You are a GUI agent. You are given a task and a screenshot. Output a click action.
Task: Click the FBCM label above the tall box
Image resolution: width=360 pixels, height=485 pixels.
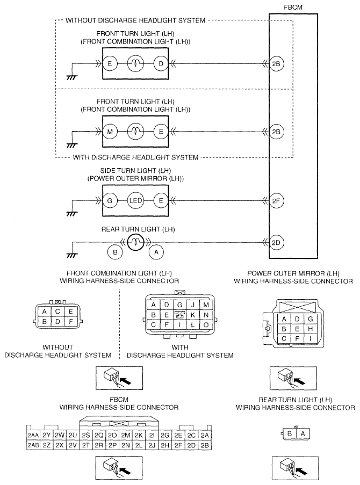click(293, 7)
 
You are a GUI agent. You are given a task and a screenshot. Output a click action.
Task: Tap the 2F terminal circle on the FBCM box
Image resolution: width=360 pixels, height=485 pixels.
click(276, 201)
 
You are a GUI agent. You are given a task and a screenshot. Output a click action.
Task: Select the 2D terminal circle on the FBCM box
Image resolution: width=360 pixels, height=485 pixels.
click(276, 243)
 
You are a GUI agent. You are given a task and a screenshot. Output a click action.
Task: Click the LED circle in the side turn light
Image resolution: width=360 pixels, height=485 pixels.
click(135, 200)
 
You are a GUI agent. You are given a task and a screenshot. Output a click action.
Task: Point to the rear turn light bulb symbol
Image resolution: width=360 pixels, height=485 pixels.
click(135, 242)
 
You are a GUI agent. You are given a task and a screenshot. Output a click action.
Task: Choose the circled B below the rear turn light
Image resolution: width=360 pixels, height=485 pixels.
click(115, 252)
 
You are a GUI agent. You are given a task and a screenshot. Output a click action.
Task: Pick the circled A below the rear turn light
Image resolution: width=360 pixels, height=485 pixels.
click(156, 252)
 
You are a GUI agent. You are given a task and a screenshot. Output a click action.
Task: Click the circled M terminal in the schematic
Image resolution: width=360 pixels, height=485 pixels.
click(110, 132)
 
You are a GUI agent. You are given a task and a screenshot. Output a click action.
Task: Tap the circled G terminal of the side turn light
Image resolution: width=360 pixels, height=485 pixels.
click(110, 200)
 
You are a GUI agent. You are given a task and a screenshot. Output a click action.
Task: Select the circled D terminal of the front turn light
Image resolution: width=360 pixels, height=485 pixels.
click(161, 64)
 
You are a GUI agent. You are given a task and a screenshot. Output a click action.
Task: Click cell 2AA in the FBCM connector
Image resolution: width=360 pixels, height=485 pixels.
click(33, 435)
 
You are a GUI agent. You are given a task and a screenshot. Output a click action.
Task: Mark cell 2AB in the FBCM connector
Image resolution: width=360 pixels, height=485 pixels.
click(33, 445)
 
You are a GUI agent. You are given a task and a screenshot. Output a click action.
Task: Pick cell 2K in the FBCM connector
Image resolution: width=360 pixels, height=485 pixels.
click(139, 435)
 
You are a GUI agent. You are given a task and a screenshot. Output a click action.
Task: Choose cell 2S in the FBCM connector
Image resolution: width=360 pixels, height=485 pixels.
click(86, 435)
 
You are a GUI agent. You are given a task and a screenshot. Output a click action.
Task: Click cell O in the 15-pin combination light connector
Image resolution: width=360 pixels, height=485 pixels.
click(206, 325)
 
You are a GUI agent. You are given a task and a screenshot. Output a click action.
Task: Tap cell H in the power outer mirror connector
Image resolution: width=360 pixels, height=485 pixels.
click(310, 329)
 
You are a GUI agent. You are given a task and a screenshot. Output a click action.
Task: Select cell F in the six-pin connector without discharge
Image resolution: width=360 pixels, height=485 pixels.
click(71, 321)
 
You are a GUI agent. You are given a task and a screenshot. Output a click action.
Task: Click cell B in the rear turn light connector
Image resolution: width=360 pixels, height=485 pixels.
click(290, 433)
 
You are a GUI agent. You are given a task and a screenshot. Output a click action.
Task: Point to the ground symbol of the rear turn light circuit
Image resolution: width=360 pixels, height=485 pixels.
click(72, 255)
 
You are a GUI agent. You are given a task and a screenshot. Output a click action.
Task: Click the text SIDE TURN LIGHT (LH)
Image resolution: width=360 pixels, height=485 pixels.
click(135, 170)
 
